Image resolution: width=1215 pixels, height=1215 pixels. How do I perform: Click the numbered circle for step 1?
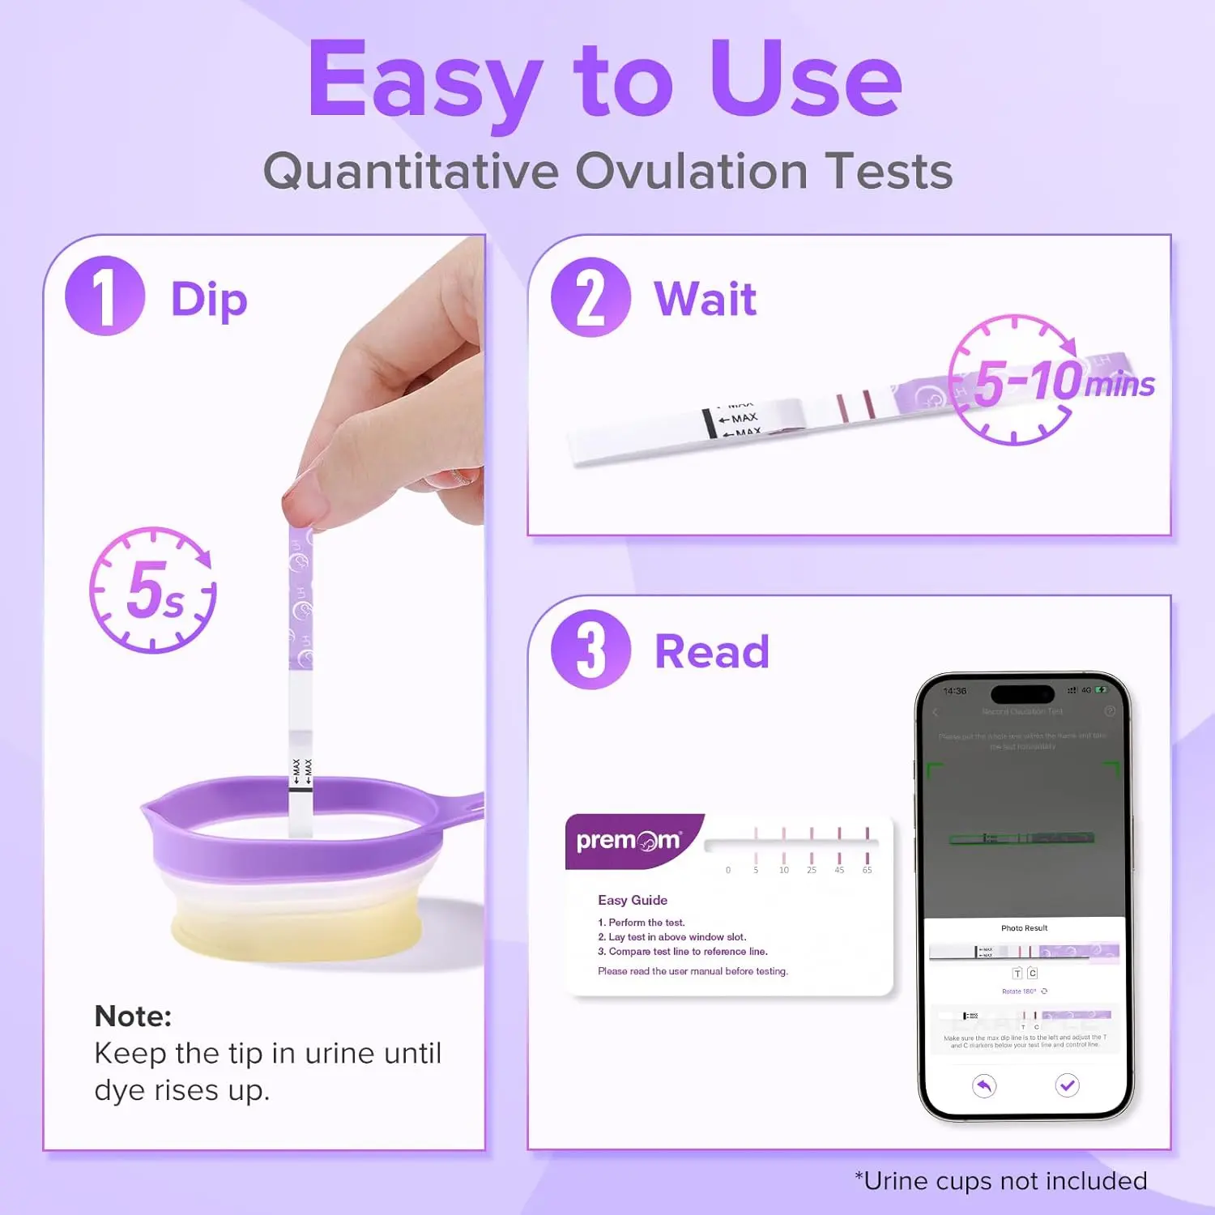(104, 296)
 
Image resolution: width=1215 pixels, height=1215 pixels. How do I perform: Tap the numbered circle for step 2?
(590, 296)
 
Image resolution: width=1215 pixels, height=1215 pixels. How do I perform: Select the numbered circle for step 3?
(590, 650)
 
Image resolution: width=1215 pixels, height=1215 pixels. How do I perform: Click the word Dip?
(209, 301)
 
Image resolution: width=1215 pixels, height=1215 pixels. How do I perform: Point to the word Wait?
(705, 299)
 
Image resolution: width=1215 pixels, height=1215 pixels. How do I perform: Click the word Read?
(711, 652)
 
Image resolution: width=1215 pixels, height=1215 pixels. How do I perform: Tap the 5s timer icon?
(153, 590)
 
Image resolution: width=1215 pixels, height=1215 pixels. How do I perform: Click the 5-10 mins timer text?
(1061, 381)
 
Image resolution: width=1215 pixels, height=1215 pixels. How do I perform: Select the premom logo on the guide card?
(629, 841)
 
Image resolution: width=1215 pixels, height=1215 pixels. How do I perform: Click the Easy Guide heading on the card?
(633, 900)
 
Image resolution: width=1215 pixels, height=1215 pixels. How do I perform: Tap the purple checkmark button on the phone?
(1067, 1085)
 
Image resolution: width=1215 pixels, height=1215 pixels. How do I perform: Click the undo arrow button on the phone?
(984, 1085)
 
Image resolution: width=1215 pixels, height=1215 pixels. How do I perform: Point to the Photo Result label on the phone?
(1024, 928)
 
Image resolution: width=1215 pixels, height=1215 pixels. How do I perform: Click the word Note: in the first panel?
(133, 1016)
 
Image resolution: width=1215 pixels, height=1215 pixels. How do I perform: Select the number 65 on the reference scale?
(867, 870)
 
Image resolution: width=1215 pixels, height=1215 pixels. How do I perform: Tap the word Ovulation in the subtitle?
(691, 172)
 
